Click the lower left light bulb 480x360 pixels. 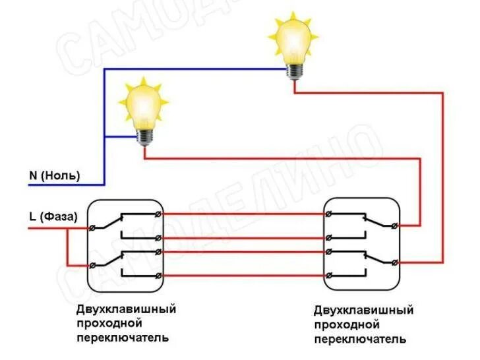point(143,109)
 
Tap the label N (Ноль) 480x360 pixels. point(54,175)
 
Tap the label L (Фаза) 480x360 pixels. point(53,216)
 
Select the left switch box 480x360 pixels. point(125,245)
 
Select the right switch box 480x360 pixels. point(362,245)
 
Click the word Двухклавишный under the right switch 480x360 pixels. point(363,311)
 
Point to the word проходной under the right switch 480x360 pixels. point(347,324)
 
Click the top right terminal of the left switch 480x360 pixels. point(157,214)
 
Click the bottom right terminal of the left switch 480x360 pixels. point(157,274)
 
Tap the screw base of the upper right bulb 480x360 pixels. point(293,70)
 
